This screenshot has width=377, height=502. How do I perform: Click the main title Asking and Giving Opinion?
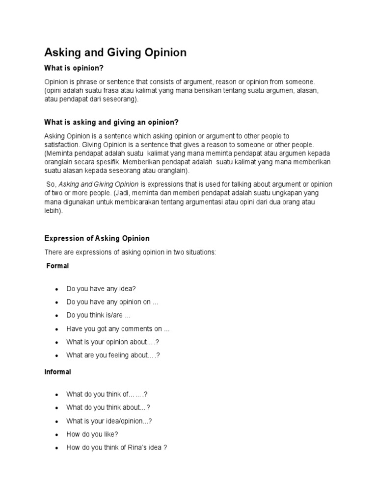point(115,52)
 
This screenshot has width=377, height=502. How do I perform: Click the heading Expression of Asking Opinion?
point(97,238)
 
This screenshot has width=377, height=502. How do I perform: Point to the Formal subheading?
point(57,266)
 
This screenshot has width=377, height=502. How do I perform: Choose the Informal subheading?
point(57,372)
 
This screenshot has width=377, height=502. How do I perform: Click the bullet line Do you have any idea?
point(101,289)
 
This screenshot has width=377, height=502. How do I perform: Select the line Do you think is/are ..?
point(98,316)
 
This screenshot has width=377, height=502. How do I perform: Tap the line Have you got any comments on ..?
point(118,329)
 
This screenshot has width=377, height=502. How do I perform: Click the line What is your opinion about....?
point(113,342)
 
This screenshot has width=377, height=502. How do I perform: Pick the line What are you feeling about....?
point(113,355)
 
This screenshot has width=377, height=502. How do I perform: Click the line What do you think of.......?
point(107,394)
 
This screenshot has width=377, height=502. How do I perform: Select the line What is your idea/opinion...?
point(109,421)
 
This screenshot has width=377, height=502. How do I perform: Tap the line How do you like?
point(92,434)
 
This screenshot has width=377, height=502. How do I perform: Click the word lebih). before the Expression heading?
point(54,211)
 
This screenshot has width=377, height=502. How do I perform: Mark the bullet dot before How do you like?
point(57,434)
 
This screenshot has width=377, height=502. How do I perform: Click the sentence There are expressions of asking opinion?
point(130,252)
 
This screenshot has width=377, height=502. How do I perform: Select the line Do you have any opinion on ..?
point(112,302)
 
